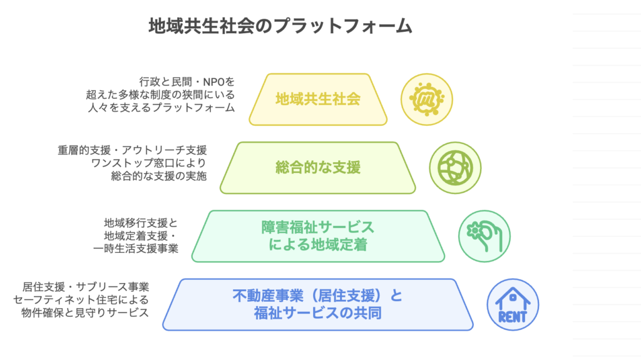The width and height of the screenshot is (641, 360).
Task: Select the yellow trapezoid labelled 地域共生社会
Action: click(317, 99)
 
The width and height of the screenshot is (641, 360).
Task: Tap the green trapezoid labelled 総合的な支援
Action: click(317, 167)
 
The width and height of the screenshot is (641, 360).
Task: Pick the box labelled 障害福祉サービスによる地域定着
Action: click(317, 235)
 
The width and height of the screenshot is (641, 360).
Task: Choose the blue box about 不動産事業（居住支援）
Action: click(317, 304)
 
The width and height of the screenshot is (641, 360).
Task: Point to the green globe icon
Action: click(454, 167)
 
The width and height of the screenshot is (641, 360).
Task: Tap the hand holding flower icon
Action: click(484, 235)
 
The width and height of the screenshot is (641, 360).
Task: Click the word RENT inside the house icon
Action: click(513, 315)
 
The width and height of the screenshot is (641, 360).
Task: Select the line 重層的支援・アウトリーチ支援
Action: click(131, 150)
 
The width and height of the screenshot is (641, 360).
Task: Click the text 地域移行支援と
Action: click(141, 222)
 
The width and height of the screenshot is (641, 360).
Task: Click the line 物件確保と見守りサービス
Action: click(85, 312)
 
